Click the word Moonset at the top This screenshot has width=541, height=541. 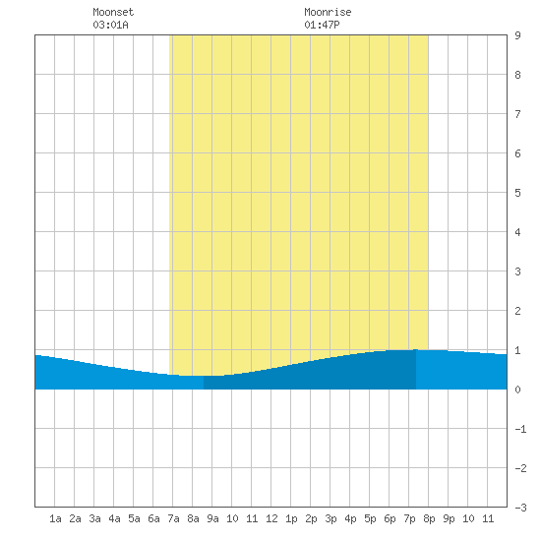click(x=113, y=12)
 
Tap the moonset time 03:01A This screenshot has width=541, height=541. click(x=110, y=25)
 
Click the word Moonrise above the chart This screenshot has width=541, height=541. click(x=328, y=12)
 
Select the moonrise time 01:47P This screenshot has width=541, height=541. click(x=322, y=25)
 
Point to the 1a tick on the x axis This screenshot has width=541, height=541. click(x=55, y=518)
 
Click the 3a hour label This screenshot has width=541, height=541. click(x=94, y=518)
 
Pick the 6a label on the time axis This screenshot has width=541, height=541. click(x=153, y=518)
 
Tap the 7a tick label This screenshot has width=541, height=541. click(x=173, y=518)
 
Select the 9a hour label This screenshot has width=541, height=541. click(x=212, y=518)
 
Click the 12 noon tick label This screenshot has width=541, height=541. click(x=271, y=518)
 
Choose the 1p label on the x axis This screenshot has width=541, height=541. click(x=291, y=518)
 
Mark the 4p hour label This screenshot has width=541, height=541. click(x=350, y=518)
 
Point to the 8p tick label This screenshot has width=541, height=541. click(x=429, y=518)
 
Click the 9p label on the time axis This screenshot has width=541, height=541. click(x=449, y=518)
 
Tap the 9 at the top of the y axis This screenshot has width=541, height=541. click(x=517, y=35)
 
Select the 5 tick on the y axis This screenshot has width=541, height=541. click(x=517, y=193)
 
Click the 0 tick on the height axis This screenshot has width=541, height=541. click(x=517, y=390)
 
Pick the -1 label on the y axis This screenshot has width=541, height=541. click(x=520, y=429)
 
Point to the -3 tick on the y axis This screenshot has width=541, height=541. click(x=520, y=508)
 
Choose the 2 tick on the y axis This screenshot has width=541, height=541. click(x=517, y=311)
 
